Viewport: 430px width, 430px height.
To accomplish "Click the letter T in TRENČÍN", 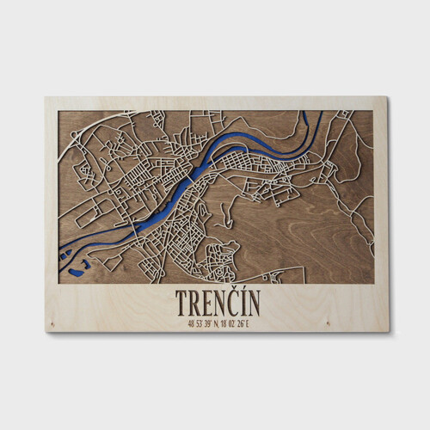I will coord(182,303).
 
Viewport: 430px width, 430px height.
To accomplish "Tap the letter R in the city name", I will coord(195,303).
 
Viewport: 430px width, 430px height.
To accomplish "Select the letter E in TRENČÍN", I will coord(209,303).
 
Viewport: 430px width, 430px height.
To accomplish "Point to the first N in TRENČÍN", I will coord(223,303).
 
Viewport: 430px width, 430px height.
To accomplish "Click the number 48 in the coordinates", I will coord(190,323).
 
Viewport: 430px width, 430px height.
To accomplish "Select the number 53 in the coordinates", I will coord(200,323).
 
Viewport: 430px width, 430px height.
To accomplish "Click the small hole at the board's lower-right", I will coord(329,324).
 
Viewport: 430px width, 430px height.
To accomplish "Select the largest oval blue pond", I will coord(77,273).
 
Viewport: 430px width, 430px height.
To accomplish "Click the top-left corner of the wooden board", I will coord(46,97).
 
